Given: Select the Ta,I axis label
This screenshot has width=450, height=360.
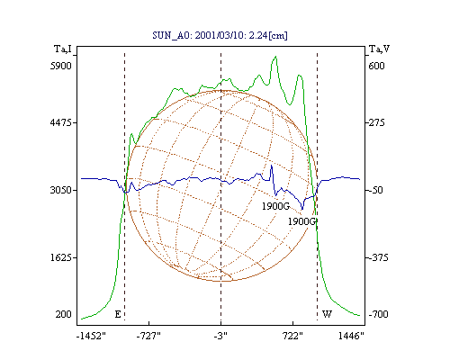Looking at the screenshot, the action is tap(63, 49).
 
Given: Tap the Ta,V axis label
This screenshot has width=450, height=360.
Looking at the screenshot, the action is tap(379, 49).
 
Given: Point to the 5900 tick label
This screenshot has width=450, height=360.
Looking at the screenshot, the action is tap(61, 66).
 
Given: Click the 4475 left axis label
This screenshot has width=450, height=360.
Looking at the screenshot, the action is tap(61, 122).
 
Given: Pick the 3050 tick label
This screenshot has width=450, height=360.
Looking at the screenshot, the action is tap(61, 190).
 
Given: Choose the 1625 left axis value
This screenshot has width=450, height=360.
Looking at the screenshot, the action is tap(61, 257).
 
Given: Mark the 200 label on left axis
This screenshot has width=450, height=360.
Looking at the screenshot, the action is tap(63, 314).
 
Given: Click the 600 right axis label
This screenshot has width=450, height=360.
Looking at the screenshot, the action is tap(376, 66).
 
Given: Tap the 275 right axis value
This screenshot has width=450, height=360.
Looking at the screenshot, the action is tap(376, 122).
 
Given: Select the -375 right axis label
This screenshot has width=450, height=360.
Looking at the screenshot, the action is tap(378, 257).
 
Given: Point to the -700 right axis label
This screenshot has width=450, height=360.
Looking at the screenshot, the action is tap(378, 314).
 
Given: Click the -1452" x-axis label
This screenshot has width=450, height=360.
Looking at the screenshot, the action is tap(91, 336).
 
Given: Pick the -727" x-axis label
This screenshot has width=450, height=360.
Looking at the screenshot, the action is tap(148, 336).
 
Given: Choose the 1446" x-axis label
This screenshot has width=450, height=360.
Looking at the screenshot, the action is tap(351, 336).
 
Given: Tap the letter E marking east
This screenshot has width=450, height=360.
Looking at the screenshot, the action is tap(118, 314).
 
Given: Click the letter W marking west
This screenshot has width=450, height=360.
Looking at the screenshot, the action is tap(327, 314).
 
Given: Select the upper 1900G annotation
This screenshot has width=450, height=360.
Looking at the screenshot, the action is tap(275, 206).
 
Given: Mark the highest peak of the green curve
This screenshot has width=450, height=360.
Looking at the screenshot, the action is tap(275, 57).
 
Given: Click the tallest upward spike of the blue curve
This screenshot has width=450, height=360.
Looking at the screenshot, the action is tap(272, 166).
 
